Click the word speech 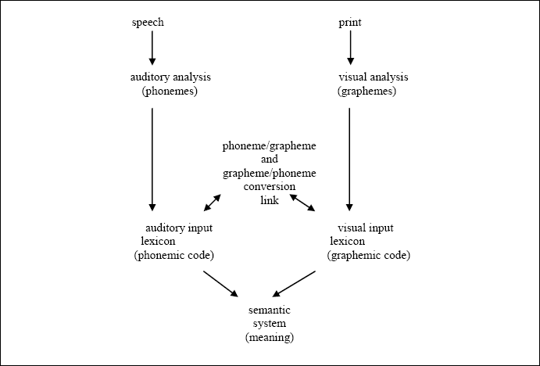148,22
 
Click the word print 349,22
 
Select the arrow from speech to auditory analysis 152,48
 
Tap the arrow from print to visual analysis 349,48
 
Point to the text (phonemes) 170,91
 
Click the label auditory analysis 170,77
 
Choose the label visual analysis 373,77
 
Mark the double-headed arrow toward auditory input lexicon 213,202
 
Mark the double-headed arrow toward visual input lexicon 302,203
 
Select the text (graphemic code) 368,256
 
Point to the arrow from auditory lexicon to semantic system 220,283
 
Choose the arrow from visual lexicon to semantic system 295,283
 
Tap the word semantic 269,310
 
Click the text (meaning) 269,337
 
